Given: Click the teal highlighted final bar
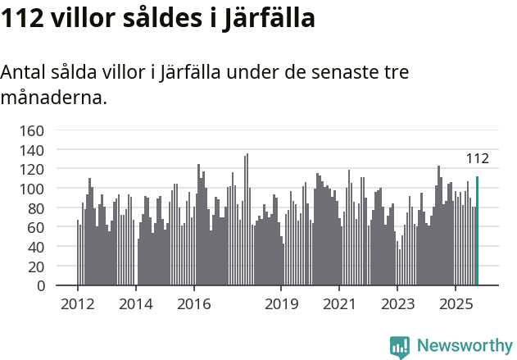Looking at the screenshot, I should [x=477, y=231].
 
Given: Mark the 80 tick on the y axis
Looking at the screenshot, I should [x=36, y=208].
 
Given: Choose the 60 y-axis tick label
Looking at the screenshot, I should [x=36, y=227].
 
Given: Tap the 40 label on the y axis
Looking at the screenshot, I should [x=36, y=247].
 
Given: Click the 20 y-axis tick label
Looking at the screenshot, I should [x=36, y=267].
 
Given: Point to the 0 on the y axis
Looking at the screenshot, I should [x=40, y=286].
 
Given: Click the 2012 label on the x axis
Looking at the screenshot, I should [x=78, y=304].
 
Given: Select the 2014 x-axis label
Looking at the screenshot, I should [x=136, y=304].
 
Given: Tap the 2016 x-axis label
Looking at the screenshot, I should [x=193, y=304].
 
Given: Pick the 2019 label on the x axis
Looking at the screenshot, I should [x=281, y=304].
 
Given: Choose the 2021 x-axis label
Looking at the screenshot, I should [x=339, y=304].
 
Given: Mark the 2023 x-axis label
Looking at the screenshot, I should [x=397, y=304].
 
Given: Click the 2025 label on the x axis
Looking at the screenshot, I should [x=455, y=304].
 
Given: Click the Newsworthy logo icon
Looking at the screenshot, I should [x=400, y=347].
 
